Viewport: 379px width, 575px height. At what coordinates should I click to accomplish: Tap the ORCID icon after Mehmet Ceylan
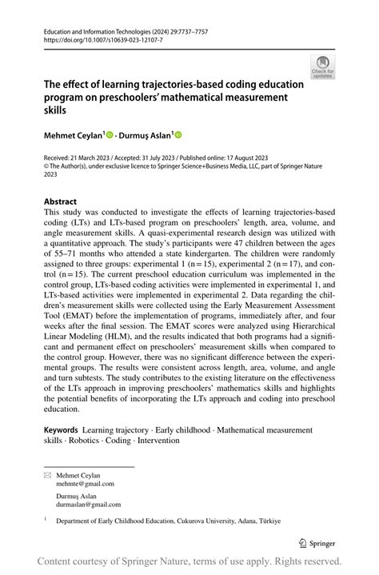pyautogui.click(x=110, y=135)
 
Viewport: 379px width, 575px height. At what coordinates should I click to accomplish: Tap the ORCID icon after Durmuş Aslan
pyautogui.click(x=178, y=135)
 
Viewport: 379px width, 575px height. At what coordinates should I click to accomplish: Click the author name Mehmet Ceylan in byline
pyautogui.click(x=74, y=135)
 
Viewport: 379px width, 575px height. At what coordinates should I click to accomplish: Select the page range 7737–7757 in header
pyautogui.click(x=185, y=28)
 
